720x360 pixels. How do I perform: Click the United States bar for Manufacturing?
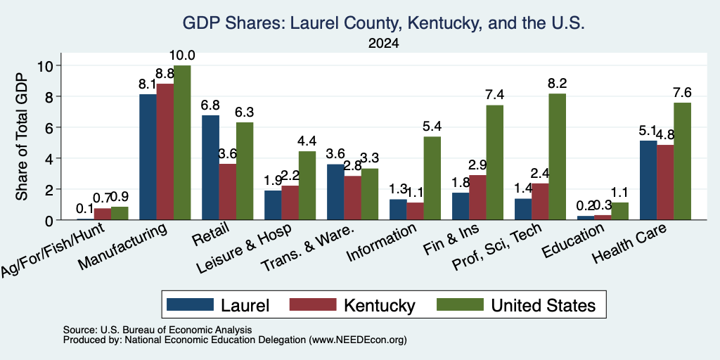pyautogui.click(x=182, y=142)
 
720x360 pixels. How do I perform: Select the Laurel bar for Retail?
pyautogui.click(x=210, y=167)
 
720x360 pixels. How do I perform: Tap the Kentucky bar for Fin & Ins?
pyautogui.click(x=477, y=198)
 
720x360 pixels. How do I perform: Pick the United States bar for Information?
pyautogui.click(x=432, y=178)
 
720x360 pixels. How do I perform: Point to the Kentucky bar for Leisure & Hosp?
pyautogui.click(x=290, y=202)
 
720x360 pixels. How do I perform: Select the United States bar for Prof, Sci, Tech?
pyautogui.click(x=558, y=157)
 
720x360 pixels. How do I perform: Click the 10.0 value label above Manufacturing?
pyautogui.click(x=182, y=56)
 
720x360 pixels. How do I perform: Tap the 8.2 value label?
pyautogui.click(x=558, y=84)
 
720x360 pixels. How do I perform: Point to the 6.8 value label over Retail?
pyautogui.click(x=210, y=105)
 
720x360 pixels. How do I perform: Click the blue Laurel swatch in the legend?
pyautogui.click(x=190, y=305)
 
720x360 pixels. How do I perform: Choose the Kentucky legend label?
pyautogui.click(x=379, y=305)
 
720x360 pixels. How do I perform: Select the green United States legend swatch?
pyautogui.click(x=460, y=305)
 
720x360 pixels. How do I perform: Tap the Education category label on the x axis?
pyautogui.click(x=572, y=240)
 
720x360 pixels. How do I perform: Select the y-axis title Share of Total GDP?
pyautogui.click(x=22, y=136)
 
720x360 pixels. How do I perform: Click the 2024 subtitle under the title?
pyautogui.click(x=383, y=44)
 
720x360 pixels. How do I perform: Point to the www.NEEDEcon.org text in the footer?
pyautogui.click(x=358, y=340)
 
